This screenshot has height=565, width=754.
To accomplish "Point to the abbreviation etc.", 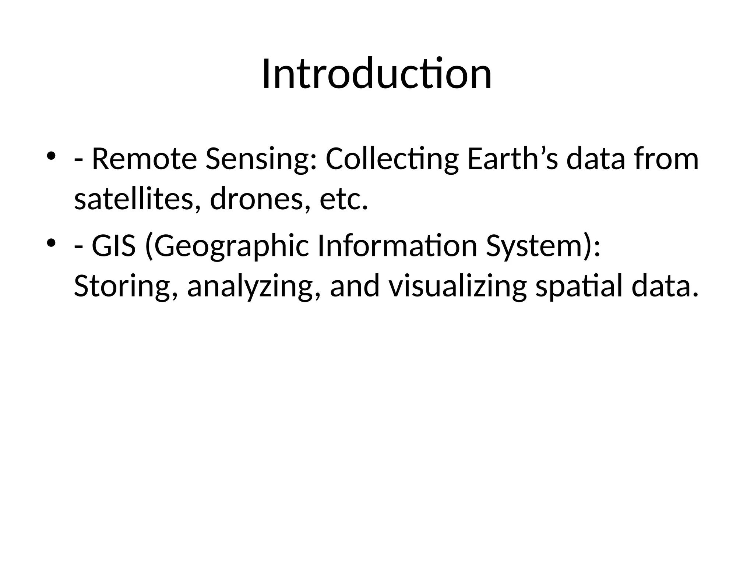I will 343,200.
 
